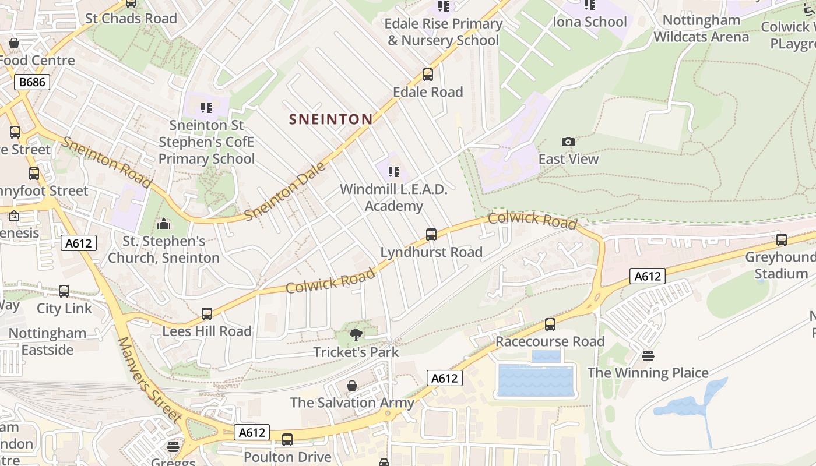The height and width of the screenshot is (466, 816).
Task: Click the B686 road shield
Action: [32, 82]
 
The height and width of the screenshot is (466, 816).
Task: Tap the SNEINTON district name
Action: [330, 119]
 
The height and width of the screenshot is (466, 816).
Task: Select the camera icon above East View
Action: [568, 142]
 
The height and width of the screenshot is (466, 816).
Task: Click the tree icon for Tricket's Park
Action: [356, 335]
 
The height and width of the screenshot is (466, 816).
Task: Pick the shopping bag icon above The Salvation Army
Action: [352, 386]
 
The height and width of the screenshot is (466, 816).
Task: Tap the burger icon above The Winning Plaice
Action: [648, 355]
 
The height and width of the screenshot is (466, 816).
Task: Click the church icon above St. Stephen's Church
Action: [164, 224]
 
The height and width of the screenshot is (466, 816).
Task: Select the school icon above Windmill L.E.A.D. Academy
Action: [394, 172]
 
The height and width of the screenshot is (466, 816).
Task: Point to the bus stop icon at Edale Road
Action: [428, 75]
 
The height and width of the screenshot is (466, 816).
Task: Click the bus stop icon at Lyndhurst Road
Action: [431, 235]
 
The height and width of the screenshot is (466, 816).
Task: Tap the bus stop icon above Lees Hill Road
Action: [207, 314]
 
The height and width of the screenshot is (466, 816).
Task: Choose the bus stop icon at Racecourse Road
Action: [550, 324]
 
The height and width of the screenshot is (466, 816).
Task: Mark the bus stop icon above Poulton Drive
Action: [287, 440]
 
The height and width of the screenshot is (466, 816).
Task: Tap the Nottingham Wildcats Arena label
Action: [701, 29]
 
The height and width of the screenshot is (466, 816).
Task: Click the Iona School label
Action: [589, 22]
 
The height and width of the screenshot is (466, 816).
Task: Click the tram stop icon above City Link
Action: [64, 291]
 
